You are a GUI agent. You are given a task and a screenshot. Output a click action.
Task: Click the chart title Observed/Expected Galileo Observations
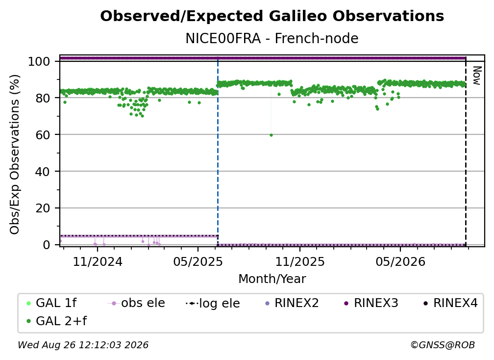tap(272, 16)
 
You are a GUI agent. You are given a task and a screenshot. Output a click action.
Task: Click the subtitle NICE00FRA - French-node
tap(272, 39)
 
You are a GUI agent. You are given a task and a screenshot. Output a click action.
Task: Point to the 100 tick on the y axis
tap(39, 61)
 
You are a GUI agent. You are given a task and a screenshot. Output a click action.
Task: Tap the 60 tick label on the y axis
tap(43, 135)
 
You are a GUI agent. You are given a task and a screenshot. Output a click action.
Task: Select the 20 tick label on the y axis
tap(43, 208)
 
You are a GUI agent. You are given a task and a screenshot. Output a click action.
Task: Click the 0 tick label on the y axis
tap(47, 245)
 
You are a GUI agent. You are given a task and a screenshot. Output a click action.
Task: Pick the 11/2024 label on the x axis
tap(98, 261)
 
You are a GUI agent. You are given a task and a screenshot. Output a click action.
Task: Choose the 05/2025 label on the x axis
tap(198, 261)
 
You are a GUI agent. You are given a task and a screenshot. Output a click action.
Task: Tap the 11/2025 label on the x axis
tap(300, 261)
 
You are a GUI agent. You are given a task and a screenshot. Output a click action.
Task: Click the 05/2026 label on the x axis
tap(400, 261)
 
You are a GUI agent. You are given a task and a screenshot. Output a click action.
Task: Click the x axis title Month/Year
tap(272, 279)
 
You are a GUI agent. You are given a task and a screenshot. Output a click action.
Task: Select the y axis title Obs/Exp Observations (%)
tap(15, 154)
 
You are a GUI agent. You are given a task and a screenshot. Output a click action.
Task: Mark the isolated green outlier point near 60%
tap(272, 135)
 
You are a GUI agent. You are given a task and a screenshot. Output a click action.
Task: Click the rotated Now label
tap(477, 76)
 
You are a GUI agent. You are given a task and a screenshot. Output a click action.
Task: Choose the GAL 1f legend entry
tap(51, 303)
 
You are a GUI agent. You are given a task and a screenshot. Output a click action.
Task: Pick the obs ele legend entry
tap(136, 303)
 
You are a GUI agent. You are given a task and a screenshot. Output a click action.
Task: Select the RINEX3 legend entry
tap(371, 303)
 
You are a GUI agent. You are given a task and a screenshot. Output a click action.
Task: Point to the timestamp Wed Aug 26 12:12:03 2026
tap(83, 345)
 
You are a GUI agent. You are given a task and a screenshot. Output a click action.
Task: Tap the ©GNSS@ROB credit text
tap(443, 345)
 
